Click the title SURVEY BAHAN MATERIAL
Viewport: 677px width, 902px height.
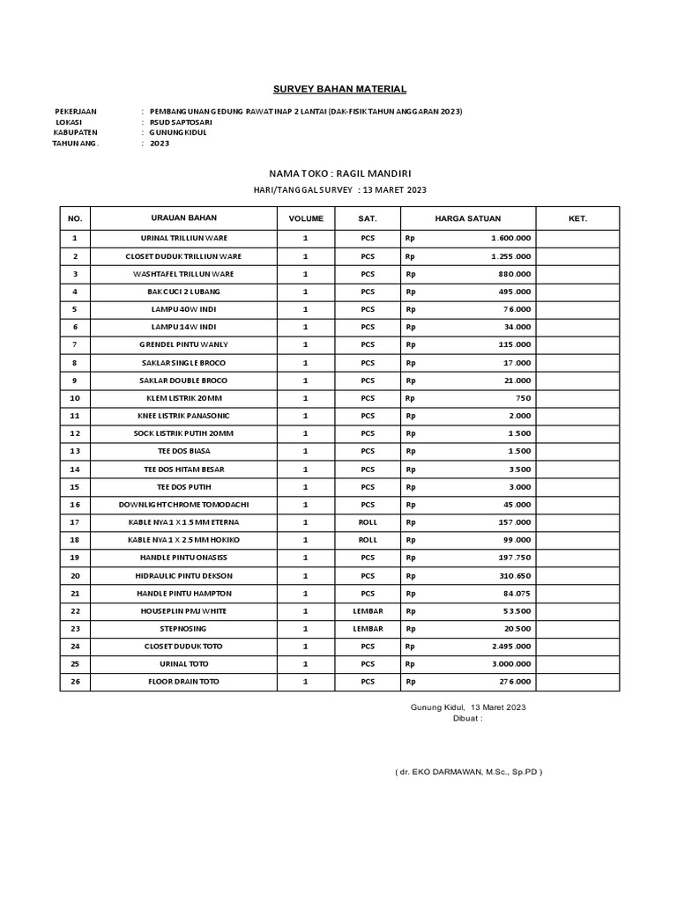tap(338, 89)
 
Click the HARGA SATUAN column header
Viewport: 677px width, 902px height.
tap(467, 218)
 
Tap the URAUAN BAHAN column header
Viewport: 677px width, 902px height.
tap(184, 218)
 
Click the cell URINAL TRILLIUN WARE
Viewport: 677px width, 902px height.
tap(184, 239)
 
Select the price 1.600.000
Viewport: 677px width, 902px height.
tap(510, 239)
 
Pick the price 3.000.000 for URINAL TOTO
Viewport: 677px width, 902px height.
tap(510, 664)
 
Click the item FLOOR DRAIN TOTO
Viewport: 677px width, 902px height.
tap(184, 682)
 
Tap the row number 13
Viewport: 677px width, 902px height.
tap(75, 451)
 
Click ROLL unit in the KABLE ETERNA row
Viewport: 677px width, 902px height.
tap(368, 522)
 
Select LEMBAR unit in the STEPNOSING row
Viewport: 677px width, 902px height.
tap(368, 629)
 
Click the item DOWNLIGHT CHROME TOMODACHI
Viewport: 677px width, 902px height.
tap(184, 505)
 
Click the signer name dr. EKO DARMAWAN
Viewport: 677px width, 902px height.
tap(468, 772)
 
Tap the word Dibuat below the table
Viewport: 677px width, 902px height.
tap(466, 718)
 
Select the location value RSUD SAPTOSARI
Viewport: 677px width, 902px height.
tap(181, 122)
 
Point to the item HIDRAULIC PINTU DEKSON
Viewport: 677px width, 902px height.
tap(184, 575)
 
